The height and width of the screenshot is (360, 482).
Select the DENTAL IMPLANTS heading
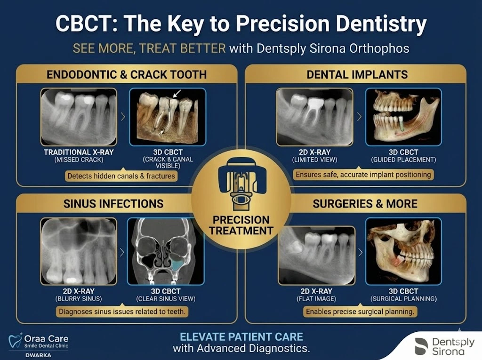tap(357, 74)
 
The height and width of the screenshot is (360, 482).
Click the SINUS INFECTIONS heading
tap(113, 204)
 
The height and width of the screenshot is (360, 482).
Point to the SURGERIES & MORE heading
tap(365, 204)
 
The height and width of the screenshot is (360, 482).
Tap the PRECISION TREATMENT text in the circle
tap(241, 225)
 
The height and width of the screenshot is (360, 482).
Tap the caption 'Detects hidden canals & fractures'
tap(121, 176)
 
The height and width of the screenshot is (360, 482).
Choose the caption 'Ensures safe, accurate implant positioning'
tap(363, 175)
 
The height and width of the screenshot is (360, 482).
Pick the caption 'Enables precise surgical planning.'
tap(360, 312)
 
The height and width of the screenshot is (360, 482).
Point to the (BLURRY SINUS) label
tap(79, 298)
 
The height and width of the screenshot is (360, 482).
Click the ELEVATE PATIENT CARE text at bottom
tap(241, 337)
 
